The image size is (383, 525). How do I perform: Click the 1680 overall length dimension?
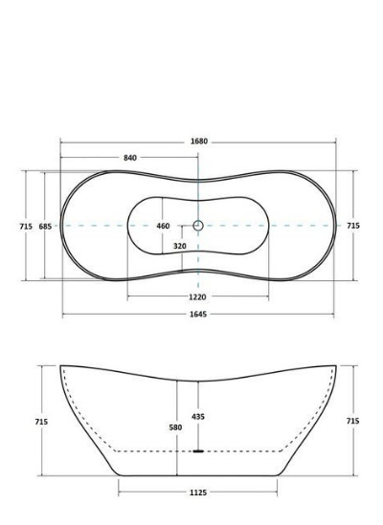pos(199,142)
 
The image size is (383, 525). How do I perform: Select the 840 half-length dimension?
pos(130,158)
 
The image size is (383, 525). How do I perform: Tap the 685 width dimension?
pos(45,227)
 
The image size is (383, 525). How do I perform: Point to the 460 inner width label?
pos(163,226)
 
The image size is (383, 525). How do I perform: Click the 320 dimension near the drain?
pos(180,246)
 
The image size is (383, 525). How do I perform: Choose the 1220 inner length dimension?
pos(197,296)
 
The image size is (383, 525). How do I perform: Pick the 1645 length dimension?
pos(198,314)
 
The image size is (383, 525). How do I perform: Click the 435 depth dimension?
pos(198,417)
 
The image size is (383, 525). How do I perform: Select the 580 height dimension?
pos(175,427)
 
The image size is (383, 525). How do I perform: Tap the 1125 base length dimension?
pos(198,492)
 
